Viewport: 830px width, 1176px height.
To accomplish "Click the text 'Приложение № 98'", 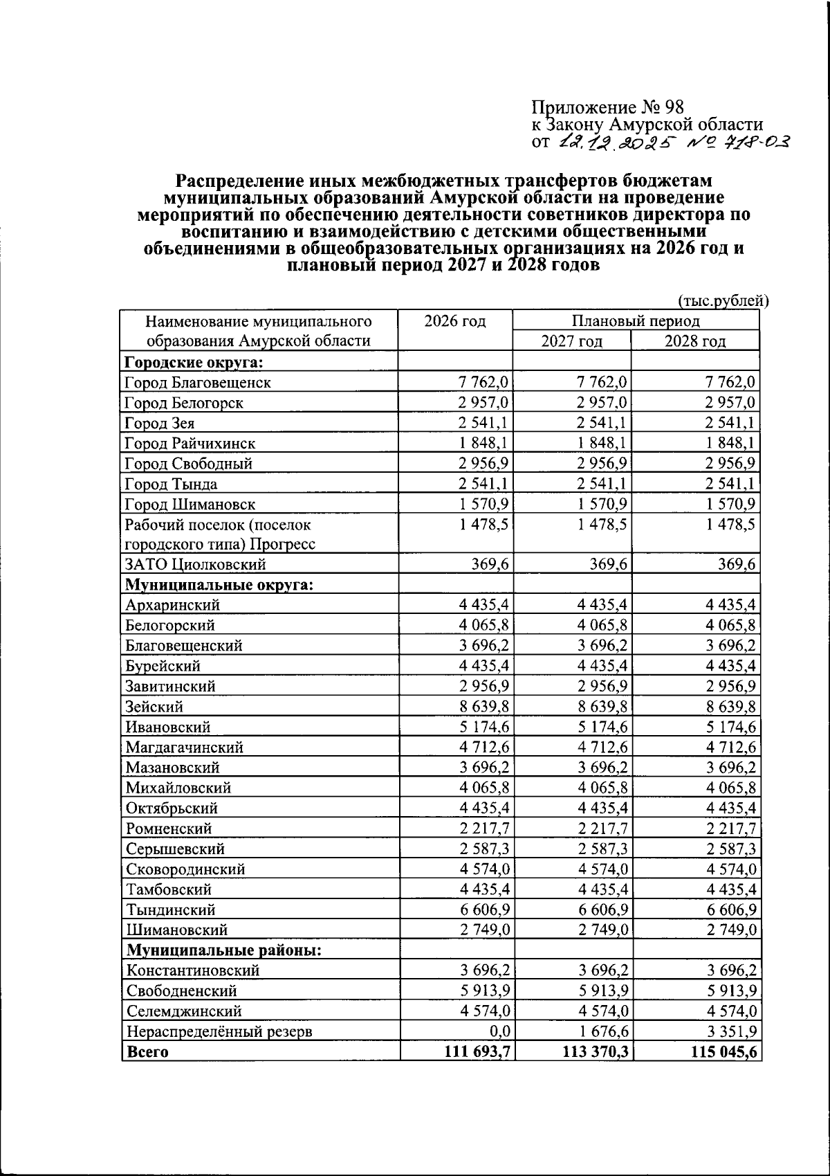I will pyautogui.click(x=607, y=107).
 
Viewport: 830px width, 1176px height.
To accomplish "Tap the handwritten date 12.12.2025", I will pyautogui.click(x=611, y=142).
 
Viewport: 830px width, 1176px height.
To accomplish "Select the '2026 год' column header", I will pyautogui.click(x=455, y=321).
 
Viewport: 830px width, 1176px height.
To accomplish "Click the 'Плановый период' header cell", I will pyautogui.click(x=635, y=321).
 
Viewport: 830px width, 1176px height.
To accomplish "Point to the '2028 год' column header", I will pyautogui.click(x=695, y=341).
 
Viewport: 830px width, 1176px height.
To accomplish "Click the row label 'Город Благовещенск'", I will pyautogui.click(x=198, y=382).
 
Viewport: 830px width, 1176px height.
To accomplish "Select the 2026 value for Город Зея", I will pyautogui.click(x=483, y=423).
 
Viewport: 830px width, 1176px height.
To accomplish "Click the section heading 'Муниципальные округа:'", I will pyautogui.click(x=219, y=585).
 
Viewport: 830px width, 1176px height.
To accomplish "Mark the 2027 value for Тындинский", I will pyautogui.click(x=602, y=910).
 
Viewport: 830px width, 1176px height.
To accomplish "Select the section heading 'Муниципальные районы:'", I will pyautogui.click(x=223, y=950).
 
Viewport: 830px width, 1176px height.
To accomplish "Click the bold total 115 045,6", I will pyautogui.click(x=722, y=1052).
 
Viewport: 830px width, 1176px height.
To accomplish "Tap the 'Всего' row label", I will pyautogui.click(x=146, y=1052).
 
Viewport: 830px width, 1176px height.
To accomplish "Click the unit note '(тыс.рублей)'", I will pyautogui.click(x=722, y=301).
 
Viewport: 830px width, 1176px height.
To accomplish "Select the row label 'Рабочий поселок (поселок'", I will pyautogui.click(x=218, y=525).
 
